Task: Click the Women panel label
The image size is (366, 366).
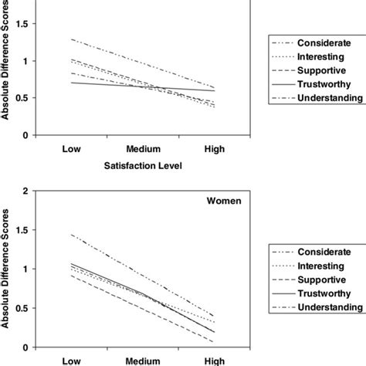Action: [x=223, y=203]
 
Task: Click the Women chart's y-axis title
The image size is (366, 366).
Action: [x=7, y=278]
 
